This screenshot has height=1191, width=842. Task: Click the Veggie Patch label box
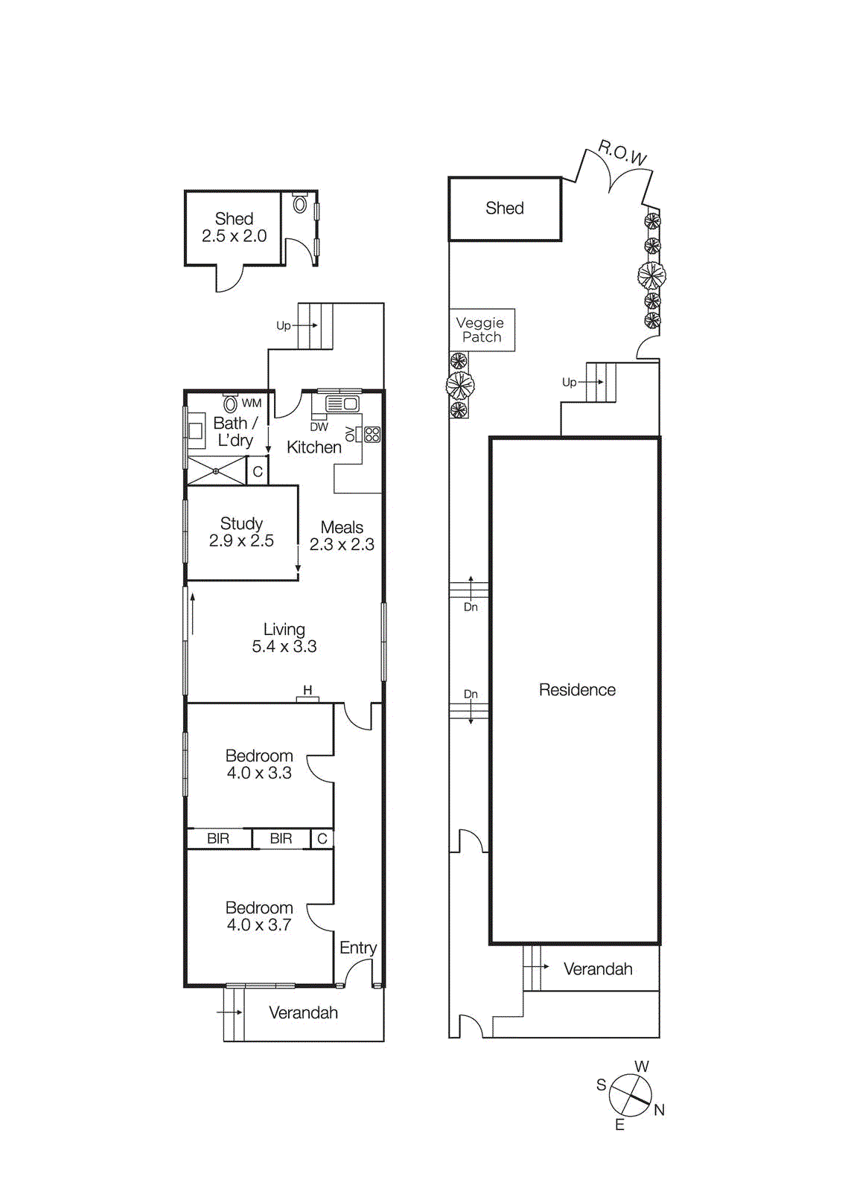(x=482, y=330)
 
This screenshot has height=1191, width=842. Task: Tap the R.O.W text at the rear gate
(x=622, y=153)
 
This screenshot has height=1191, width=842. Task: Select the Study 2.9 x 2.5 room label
(x=241, y=532)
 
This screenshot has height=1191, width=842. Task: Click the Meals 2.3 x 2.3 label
(x=342, y=536)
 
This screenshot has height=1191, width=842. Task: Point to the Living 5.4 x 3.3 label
(x=284, y=638)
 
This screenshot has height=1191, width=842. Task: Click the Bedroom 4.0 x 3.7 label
(x=259, y=916)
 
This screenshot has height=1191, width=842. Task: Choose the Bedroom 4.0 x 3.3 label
(x=259, y=764)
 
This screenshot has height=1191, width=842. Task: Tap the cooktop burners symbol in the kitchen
(x=372, y=434)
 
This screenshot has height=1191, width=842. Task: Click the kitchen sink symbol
(x=342, y=404)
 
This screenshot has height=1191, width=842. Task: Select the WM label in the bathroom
(x=252, y=403)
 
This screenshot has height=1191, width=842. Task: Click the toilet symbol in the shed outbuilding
(x=300, y=203)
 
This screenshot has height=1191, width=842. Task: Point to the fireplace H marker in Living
(x=307, y=691)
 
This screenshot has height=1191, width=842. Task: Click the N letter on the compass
(x=659, y=1110)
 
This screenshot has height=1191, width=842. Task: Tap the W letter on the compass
(x=641, y=1067)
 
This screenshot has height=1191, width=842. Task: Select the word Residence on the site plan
(x=577, y=690)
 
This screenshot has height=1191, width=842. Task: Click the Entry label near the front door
(x=358, y=948)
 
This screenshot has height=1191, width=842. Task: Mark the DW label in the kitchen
(x=319, y=427)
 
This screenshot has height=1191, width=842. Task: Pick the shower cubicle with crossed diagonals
(x=216, y=471)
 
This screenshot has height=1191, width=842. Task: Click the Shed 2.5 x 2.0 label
(x=234, y=227)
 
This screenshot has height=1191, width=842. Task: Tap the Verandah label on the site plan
(x=598, y=969)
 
